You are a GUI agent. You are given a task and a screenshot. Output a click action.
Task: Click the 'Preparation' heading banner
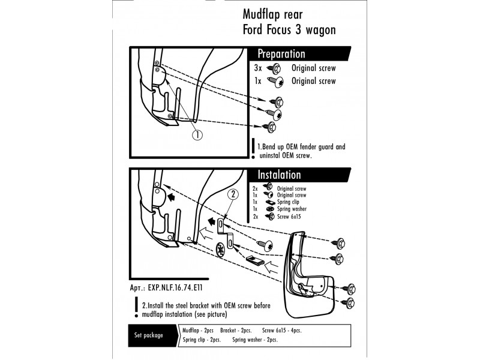pos(281,54)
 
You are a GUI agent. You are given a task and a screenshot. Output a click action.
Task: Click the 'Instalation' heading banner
pos(280,175)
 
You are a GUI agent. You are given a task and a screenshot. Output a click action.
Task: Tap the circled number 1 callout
pos(197,135)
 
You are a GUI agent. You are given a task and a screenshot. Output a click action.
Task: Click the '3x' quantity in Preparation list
pos(259,68)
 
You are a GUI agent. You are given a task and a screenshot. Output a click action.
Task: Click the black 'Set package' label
pos(148,335)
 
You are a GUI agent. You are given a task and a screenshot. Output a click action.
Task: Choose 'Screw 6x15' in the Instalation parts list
pos(291,216)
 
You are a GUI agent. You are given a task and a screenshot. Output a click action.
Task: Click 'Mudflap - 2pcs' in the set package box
pos(197,331)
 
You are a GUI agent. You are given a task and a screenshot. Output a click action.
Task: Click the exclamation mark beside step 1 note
pos(253,149)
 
